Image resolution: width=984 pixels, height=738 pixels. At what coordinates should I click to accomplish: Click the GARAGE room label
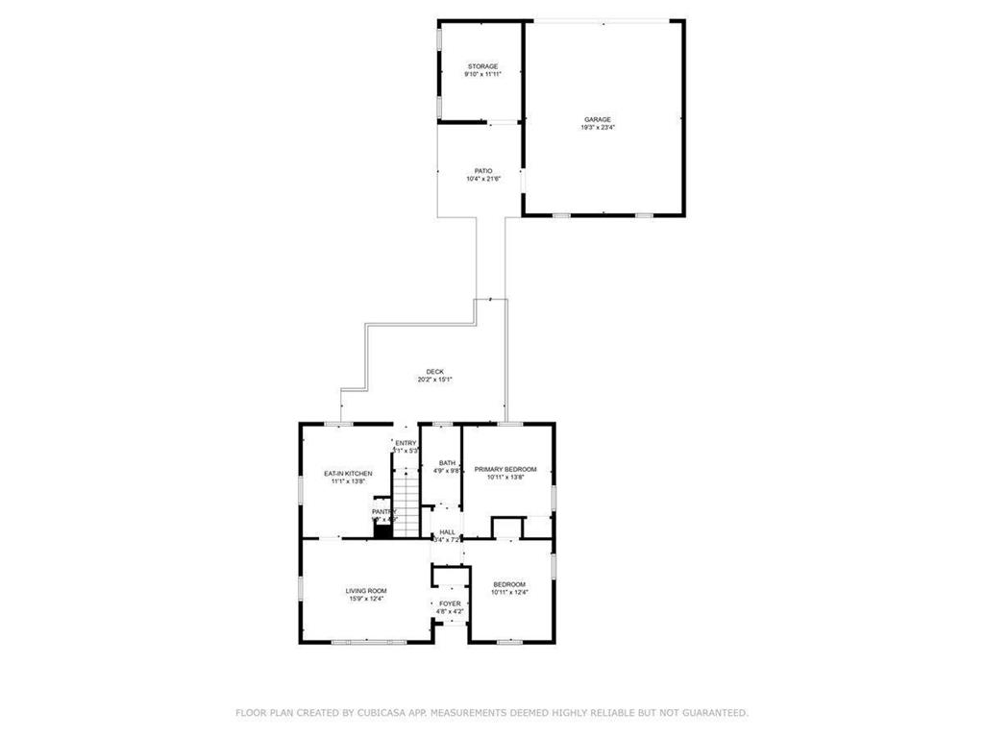point(597,120)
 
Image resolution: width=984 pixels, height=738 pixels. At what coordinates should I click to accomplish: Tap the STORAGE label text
point(482,66)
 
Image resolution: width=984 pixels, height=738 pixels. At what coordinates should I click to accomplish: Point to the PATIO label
point(483,171)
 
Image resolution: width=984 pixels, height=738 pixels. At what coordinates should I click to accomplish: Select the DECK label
point(435,372)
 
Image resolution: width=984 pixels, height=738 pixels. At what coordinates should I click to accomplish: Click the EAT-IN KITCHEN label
point(348,474)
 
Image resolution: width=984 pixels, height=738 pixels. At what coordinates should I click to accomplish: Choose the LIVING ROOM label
point(366,591)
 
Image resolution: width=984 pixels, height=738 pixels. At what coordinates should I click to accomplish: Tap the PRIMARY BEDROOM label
point(505,469)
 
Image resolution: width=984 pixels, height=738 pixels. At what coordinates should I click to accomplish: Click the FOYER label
point(449,603)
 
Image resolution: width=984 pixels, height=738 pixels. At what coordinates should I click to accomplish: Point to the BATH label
point(448,462)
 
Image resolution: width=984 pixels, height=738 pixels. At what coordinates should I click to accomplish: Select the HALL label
point(448,531)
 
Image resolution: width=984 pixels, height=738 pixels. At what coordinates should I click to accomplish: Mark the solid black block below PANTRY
point(382,529)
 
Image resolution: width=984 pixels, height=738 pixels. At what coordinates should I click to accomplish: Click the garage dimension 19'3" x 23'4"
point(597,128)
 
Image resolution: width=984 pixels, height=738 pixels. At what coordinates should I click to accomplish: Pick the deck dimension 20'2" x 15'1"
point(435,380)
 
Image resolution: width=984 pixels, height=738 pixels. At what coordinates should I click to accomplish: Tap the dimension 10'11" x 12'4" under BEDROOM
point(509,592)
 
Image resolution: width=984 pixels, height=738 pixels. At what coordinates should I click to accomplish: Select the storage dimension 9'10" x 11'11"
point(482,74)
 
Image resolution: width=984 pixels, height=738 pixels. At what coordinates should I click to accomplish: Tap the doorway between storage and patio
point(501,123)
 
